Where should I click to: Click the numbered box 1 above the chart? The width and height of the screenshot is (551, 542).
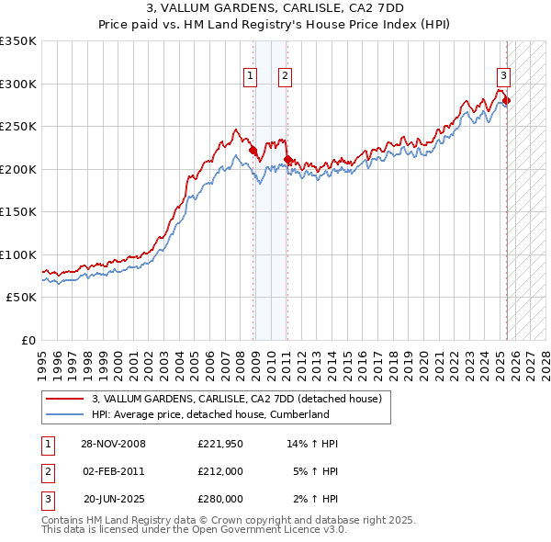pyautogui.click(x=250, y=77)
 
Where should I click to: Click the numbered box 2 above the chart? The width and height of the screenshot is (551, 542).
pyautogui.click(x=286, y=77)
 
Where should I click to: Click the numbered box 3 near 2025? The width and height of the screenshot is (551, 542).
pyautogui.click(x=503, y=77)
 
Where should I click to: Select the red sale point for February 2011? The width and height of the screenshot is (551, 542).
pyautogui.click(x=287, y=159)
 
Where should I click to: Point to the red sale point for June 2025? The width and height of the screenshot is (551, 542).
pyautogui.click(x=506, y=101)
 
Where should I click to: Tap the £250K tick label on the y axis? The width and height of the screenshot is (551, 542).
pyautogui.click(x=18, y=126)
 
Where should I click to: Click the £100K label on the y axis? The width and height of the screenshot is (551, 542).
pyautogui.click(x=18, y=254)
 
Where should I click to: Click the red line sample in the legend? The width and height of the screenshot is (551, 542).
pyautogui.click(x=65, y=399)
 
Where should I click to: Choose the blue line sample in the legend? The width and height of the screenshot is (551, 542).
pyautogui.click(x=65, y=414)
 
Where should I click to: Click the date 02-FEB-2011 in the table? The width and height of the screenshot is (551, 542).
pyautogui.click(x=113, y=471)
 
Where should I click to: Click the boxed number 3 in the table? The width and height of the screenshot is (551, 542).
pyautogui.click(x=46, y=499)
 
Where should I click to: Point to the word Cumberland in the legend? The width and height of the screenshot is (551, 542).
pyautogui.click(x=326, y=414)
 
